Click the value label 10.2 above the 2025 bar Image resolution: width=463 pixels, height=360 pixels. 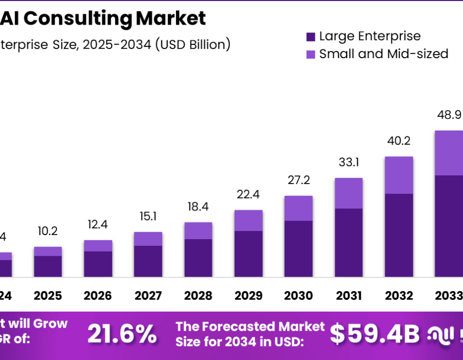48,231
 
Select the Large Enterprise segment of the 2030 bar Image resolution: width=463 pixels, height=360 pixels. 298,248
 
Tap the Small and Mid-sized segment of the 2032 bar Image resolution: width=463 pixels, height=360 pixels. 399,175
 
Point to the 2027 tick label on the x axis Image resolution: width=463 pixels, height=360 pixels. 148,296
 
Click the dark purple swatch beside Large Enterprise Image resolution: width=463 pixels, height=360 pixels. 310,37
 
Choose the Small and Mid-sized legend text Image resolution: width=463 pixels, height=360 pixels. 384,53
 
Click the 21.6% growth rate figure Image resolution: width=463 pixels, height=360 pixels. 122,334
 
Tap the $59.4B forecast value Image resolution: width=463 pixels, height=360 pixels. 375,334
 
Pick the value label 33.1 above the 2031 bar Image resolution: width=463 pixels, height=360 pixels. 349,163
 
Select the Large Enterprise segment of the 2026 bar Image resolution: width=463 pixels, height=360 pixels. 98,264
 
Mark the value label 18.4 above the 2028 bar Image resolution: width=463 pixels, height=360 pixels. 198,207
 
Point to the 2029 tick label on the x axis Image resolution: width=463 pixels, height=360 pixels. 248,296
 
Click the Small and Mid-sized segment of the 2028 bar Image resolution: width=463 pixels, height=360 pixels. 198,230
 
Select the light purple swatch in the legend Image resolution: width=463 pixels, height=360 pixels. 310,54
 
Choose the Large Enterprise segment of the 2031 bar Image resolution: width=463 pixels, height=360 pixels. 349,242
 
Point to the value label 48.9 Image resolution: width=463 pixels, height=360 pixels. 449,115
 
